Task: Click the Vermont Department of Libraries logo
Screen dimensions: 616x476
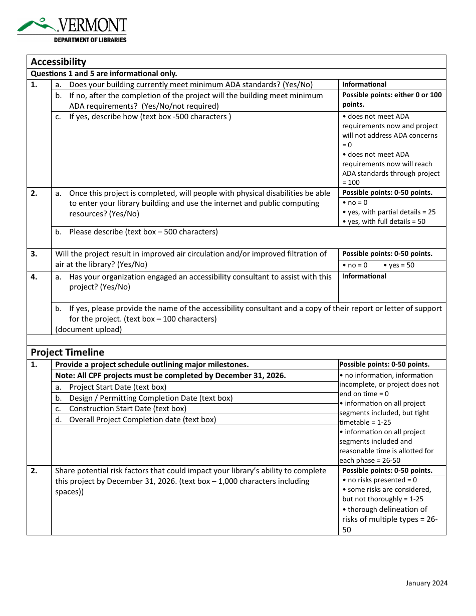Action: [72, 30]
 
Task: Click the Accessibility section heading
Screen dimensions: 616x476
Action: [59, 62]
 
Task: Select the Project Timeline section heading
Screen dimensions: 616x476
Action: [67, 352]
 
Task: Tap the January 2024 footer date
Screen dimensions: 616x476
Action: [426, 583]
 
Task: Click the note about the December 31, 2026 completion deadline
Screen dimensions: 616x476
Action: [170, 376]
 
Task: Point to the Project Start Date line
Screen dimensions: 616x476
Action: [117, 387]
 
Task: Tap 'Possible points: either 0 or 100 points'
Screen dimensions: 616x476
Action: [392, 100]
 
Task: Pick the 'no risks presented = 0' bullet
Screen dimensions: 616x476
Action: [382, 480]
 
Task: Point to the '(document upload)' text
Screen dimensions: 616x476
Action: [89, 329]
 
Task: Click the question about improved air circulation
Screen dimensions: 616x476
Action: [190, 259]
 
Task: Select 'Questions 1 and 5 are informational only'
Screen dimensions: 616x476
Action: [104, 73]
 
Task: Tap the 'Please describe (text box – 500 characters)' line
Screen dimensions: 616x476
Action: [143, 232]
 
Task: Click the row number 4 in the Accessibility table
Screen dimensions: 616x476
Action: [34, 276]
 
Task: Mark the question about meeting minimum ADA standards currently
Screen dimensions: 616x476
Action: [190, 85]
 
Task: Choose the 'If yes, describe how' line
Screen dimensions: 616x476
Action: [150, 117]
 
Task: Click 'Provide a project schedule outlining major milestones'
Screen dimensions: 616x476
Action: [152, 365]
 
